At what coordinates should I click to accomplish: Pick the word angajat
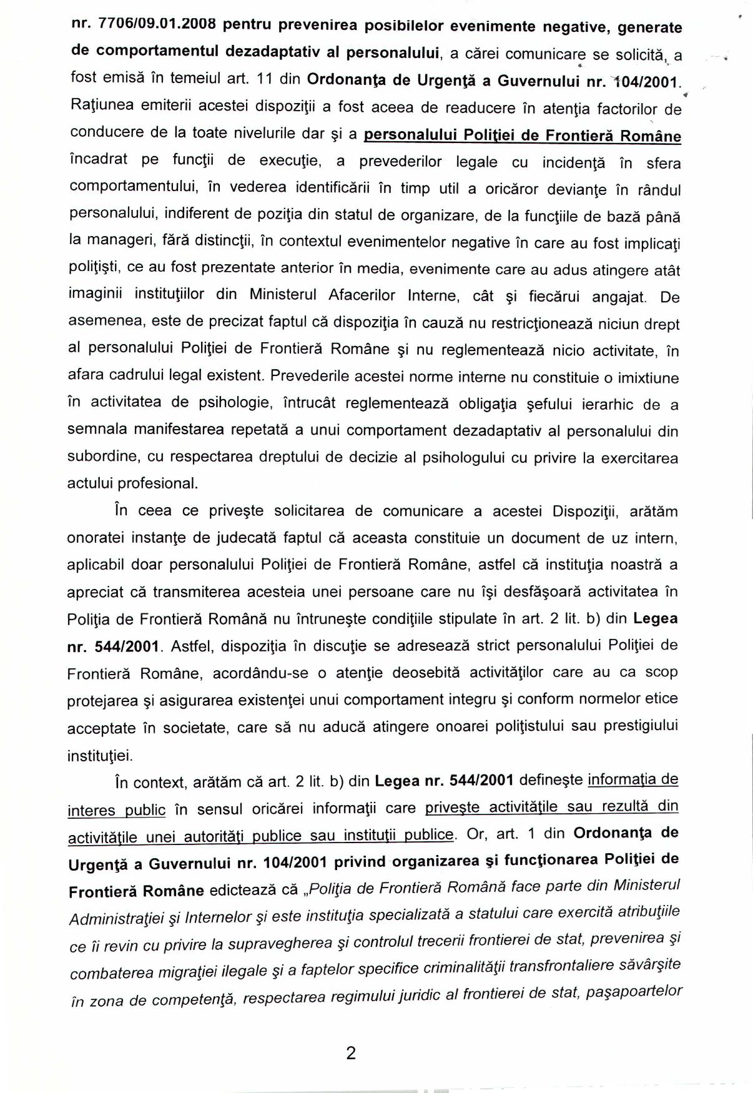[619, 297]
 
